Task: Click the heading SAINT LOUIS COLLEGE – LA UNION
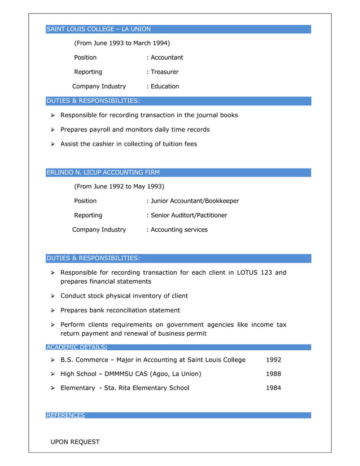point(99,29)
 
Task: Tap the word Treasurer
point(164,72)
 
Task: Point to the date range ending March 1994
point(122,43)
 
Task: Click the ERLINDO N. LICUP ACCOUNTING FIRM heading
point(103,173)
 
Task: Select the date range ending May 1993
point(119,186)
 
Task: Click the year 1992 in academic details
point(273,360)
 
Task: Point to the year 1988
point(273,374)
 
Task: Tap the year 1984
point(273,388)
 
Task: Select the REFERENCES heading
point(65,415)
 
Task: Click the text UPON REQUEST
point(75,442)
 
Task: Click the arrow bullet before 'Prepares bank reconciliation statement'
point(52,310)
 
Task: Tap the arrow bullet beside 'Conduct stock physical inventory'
point(52,296)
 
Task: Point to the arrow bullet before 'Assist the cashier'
point(52,144)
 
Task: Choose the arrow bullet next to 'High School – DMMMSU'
point(52,374)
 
